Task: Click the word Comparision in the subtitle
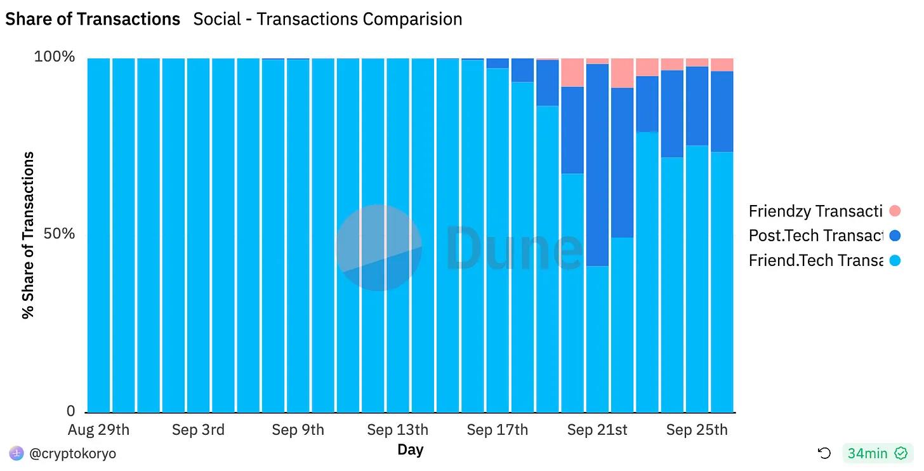tap(412, 19)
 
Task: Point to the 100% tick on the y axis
tap(54, 57)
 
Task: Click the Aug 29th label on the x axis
tap(98, 430)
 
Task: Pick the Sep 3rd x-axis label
tap(198, 430)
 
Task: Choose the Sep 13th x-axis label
tap(397, 430)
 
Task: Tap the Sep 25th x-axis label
tap(697, 430)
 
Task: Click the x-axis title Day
tap(410, 450)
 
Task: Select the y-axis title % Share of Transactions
tap(28, 235)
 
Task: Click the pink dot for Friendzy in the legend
tap(895, 211)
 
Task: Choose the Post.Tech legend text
tap(815, 235)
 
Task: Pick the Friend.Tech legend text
tap(815, 260)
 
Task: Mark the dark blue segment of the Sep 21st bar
tap(597, 165)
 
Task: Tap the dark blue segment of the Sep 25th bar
tap(697, 106)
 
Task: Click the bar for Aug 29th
tap(98, 235)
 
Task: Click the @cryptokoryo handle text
tap(73, 453)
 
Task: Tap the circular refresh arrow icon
tap(824, 453)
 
